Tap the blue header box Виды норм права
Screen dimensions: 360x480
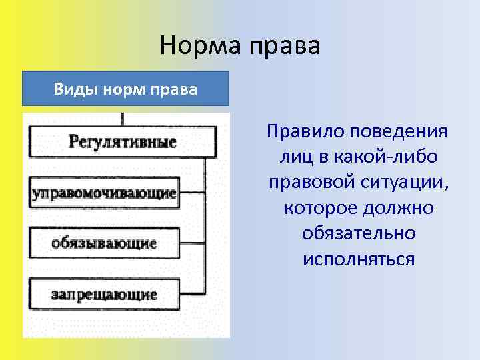(x=125, y=89)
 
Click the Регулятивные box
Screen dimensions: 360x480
(x=122, y=142)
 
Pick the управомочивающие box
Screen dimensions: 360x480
(x=104, y=193)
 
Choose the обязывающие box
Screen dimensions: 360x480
(x=104, y=243)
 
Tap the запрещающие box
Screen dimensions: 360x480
(x=104, y=294)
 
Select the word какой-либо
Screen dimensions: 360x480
(x=392, y=156)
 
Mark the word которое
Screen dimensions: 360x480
(x=321, y=208)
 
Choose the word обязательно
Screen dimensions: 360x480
(x=358, y=233)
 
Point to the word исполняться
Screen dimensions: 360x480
(x=358, y=259)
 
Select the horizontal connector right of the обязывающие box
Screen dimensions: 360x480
(x=191, y=243)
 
